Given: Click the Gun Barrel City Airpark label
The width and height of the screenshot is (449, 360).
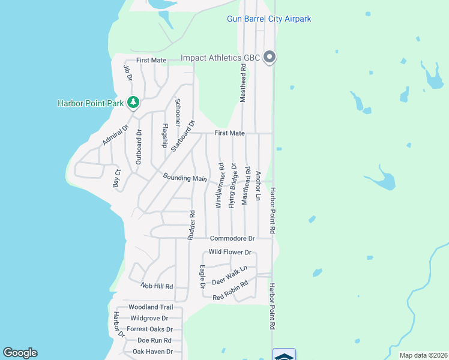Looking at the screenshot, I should click(x=269, y=19).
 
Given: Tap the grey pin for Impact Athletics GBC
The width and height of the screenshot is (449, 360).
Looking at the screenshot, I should click(x=270, y=58).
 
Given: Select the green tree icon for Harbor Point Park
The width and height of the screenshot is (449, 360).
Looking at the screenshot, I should click(x=133, y=103).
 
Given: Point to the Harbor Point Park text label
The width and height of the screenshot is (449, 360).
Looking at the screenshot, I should click(x=91, y=103).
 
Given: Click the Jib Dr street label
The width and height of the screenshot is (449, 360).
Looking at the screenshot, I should click(x=127, y=73).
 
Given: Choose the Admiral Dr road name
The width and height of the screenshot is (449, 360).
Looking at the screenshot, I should click(x=116, y=135).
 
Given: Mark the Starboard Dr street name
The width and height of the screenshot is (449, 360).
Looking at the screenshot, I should click(x=182, y=136).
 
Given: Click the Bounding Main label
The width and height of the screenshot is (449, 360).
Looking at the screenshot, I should click(x=185, y=178).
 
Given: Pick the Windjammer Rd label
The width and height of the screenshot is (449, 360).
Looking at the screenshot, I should click(x=220, y=185).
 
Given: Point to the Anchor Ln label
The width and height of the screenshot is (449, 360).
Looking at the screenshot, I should click(x=259, y=185).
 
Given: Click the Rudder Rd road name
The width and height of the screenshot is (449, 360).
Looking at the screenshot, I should click(x=191, y=225).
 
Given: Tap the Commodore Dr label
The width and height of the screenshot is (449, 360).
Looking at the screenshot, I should click(x=232, y=238).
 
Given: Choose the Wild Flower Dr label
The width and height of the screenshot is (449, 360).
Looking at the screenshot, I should click(x=230, y=253).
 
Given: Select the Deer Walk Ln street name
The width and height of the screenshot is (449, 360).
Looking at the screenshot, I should click(x=229, y=275).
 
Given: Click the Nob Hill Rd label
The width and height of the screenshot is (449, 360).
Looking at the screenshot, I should click(x=157, y=286).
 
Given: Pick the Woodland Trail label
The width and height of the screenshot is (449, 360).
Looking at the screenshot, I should click(x=150, y=307).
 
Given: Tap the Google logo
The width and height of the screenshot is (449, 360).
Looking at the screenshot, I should click(x=20, y=353).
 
